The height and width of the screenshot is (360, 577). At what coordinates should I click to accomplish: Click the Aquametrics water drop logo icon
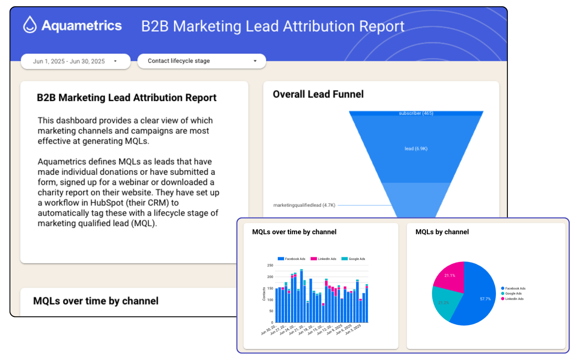click(30, 25)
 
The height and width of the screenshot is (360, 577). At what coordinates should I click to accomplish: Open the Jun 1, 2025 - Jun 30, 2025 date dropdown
click(75, 61)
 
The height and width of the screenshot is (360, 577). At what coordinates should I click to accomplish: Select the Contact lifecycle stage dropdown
click(201, 61)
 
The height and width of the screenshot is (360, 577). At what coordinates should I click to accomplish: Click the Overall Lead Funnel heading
click(318, 94)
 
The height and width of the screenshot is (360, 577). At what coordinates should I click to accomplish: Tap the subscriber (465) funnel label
click(416, 113)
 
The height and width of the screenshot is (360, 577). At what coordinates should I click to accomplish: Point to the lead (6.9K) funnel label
click(416, 149)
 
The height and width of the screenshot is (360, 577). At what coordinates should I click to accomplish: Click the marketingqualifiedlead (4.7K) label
click(304, 205)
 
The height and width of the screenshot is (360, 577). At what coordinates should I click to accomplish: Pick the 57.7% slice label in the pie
click(485, 299)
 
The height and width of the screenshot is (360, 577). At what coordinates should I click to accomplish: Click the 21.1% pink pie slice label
click(450, 276)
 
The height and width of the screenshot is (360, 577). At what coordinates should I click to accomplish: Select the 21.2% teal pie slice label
click(444, 303)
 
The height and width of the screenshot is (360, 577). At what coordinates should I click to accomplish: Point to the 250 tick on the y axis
click(270, 265)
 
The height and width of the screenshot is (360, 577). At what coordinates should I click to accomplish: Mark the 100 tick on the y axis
click(270, 300)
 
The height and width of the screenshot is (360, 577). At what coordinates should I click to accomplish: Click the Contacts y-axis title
click(264, 294)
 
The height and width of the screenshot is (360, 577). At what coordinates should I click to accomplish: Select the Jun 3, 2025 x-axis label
click(353, 329)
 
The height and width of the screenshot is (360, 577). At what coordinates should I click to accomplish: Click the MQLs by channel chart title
click(442, 232)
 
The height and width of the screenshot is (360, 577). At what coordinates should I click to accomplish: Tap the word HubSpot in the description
click(107, 203)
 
